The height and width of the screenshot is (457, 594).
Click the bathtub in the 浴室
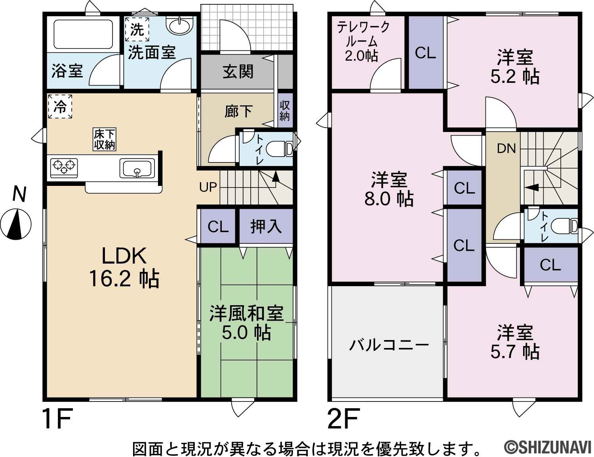point(83,34)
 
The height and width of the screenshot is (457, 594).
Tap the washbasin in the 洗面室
point(179,26)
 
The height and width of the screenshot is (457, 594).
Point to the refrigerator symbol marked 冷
point(60,106)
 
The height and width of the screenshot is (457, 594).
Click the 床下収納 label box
point(104,140)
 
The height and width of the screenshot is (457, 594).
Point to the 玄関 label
point(238,72)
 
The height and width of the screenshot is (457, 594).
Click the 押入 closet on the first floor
point(266,226)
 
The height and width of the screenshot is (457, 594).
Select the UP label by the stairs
point(208,187)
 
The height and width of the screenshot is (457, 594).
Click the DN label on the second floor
point(506,149)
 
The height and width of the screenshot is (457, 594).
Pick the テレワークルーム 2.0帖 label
point(362,42)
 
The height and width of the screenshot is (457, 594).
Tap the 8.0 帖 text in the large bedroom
point(389,199)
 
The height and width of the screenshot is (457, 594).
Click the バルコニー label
point(389,345)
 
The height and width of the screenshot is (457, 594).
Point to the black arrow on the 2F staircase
point(531,187)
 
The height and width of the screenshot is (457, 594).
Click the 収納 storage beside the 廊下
point(285,111)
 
